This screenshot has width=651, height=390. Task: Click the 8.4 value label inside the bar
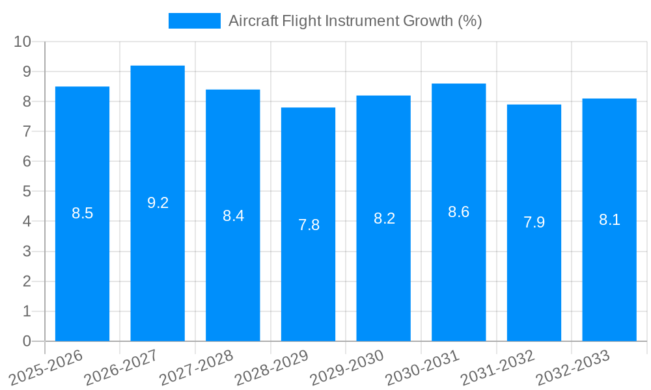tap(233, 216)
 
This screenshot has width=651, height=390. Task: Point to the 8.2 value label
tap(384, 218)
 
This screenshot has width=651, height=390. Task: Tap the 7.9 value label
tap(534, 222)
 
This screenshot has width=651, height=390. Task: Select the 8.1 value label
tap(609, 220)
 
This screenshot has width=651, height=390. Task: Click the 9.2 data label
tap(158, 203)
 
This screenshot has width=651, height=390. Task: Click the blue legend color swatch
tap(194, 21)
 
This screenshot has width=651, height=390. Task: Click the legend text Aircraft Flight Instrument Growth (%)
tap(355, 21)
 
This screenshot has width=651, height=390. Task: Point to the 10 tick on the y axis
tap(23, 42)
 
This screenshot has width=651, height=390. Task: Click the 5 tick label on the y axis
tap(27, 192)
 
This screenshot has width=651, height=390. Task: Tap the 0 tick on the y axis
tap(27, 341)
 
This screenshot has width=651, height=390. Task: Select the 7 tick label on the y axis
tap(27, 131)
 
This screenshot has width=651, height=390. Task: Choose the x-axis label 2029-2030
tap(347, 367)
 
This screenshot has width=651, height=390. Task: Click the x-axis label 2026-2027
tap(121, 367)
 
